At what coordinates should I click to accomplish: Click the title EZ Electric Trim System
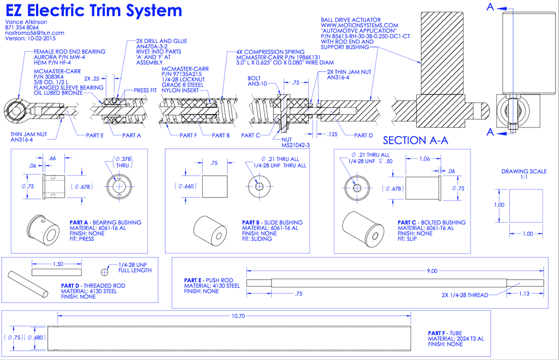tap(94, 10)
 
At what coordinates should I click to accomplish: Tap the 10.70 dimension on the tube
tap(238, 316)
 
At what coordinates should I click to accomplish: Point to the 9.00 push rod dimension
tap(431, 272)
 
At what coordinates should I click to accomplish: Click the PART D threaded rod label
tap(93, 286)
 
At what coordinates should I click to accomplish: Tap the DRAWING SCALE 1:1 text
tap(524, 174)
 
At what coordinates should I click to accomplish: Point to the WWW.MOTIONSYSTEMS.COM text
tap(359, 25)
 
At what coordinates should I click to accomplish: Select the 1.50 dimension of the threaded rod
tap(58, 265)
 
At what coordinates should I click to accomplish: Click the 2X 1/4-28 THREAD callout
tap(464, 295)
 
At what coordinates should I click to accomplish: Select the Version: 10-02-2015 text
tap(30, 38)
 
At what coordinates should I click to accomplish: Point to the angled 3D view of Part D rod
tap(27, 285)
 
